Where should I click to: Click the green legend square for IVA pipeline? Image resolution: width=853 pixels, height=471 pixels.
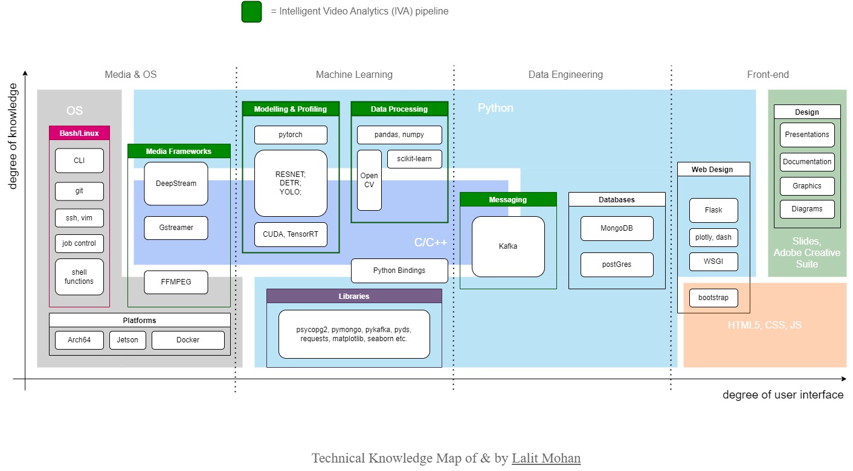[251, 11]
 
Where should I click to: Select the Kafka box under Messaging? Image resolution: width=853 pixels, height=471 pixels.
[508, 246]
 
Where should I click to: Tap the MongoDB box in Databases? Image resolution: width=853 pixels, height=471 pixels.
[617, 228]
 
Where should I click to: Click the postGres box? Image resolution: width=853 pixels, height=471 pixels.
[617, 264]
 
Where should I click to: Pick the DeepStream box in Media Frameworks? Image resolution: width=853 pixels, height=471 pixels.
[176, 184]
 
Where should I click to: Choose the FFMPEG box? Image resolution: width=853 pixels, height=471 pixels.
[176, 282]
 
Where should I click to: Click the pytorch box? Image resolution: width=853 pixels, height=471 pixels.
[291, 135]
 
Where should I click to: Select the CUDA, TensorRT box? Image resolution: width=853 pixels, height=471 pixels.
[291, 234]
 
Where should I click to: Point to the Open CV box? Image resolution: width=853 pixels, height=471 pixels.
[369, 180]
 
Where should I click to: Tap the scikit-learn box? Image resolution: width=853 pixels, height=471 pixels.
[414, 159]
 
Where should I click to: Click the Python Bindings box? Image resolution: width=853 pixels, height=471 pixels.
[399, 271]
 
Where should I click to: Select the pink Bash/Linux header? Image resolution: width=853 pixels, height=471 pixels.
[79, 133]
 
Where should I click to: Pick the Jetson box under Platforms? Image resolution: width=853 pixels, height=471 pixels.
[127, 340]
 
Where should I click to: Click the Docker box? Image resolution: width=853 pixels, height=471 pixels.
[188, 340]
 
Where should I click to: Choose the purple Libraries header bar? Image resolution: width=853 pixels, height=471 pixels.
[354, 296]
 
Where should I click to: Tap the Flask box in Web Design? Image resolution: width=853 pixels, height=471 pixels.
[713, 210]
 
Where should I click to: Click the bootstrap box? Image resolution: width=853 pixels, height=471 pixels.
[713, 298]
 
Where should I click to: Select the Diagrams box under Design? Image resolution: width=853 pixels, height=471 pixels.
[807, 209]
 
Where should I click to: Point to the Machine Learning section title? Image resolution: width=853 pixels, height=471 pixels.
[354, 74]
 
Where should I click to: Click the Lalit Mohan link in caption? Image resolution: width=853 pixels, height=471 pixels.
[546, 458]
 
